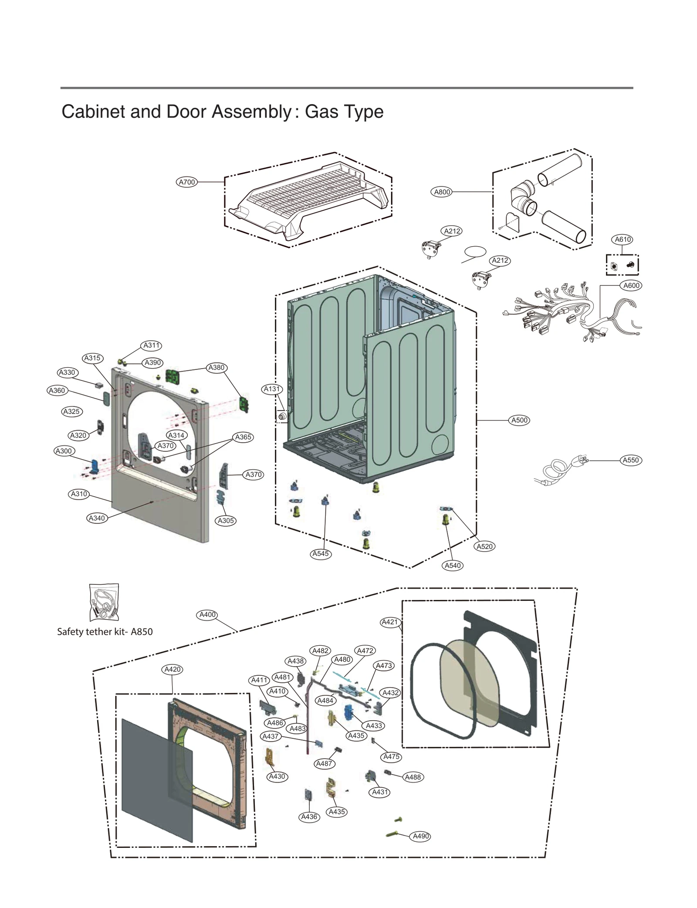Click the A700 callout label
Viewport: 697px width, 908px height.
point(187,182)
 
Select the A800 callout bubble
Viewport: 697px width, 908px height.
point(442,192)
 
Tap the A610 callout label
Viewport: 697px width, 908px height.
point(623,239)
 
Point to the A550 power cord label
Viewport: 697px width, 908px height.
point(630,460)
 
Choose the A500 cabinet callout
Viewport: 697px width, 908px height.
point(519,420)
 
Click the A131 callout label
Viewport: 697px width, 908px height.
point(272,389)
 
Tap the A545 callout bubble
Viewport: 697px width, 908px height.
point(320,554)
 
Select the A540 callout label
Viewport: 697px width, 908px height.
point(453,566)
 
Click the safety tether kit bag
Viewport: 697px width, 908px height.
point(104,603)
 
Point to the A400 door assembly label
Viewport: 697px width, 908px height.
point(207,615)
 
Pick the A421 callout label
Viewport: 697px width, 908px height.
point(389,622)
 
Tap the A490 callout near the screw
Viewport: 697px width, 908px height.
point(421,836)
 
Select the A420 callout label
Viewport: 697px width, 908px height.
point(173,669)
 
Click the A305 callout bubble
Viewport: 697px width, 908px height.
point(226,521)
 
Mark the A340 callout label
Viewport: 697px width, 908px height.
point(97,518)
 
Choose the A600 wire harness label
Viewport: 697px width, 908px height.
point(631,286)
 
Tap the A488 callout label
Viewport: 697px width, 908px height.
point(413,777)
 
